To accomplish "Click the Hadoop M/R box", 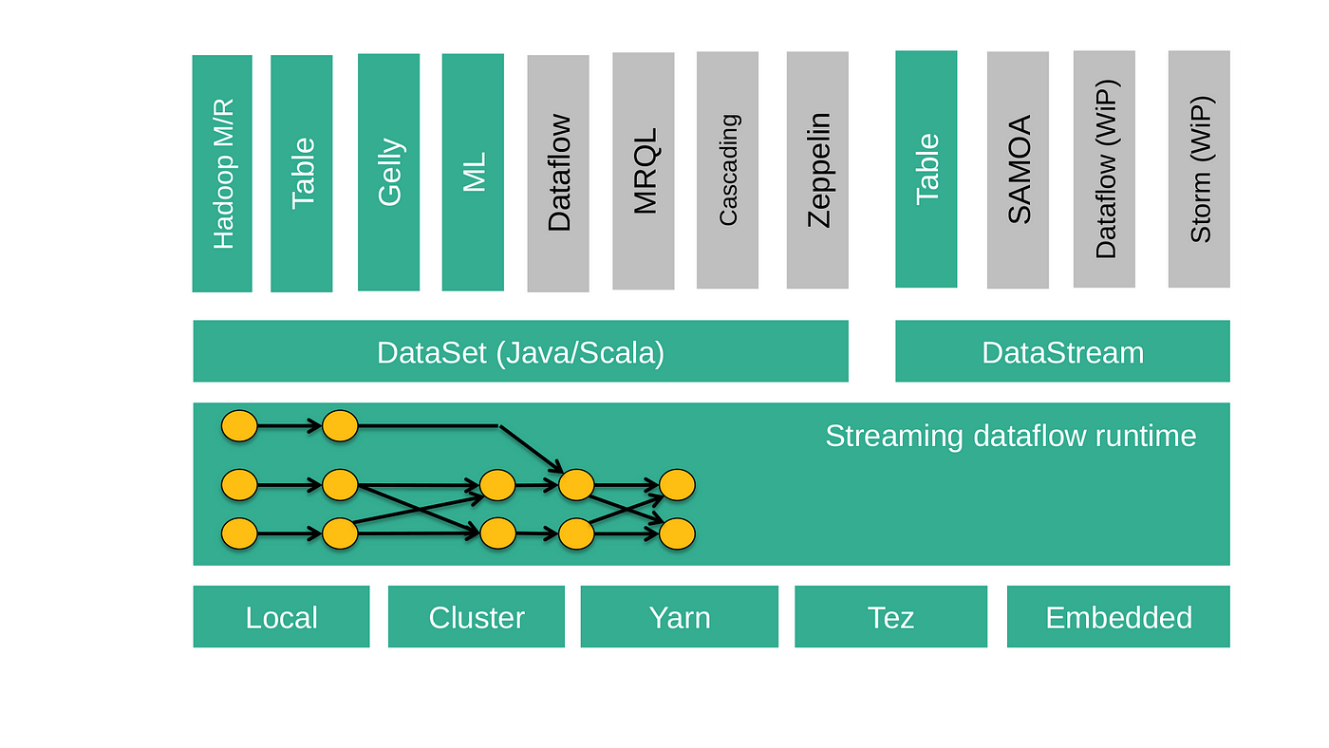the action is coord(222,173).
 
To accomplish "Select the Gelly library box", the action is coord(388,172).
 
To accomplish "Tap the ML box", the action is coord(473,172).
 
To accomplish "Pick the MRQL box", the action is coord(644,171).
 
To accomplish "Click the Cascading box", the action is coord(727,170).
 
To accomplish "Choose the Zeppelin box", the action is coord(817,170).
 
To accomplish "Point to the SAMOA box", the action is coord(1018,170).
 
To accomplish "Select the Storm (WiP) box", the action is coord(1199,169).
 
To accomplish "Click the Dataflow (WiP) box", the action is coord(1104,169).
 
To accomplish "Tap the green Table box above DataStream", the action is coord(927,169).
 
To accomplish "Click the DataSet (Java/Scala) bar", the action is coord(521,351).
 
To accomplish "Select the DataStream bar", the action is coord(1062,351).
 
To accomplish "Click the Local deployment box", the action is coord(281,616).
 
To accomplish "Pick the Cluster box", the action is coord(477,616).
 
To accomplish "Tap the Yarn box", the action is coord(680,616).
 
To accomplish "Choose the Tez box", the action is coord(891,616).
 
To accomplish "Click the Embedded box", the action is coord(1118,616).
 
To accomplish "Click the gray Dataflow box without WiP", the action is coord(558,173).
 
